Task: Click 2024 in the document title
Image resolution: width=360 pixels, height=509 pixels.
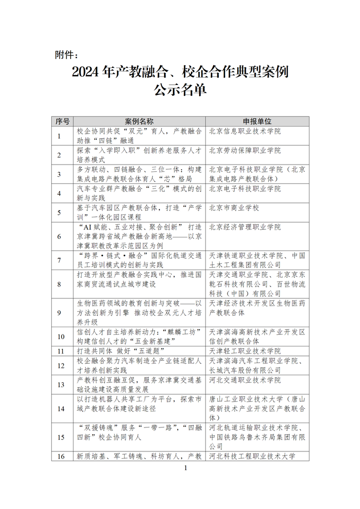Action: [85, 72]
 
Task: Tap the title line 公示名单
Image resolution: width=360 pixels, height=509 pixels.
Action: [180, 90]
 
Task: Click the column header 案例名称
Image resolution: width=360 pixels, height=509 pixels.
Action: [139, 121]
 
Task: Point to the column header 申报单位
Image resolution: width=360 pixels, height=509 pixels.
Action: [257, 121]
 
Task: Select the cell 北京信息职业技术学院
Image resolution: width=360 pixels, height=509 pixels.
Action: [245, 131]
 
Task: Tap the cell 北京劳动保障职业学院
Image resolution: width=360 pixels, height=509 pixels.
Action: [245, 151]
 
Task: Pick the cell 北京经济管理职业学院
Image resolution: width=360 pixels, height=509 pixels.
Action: [245, 227]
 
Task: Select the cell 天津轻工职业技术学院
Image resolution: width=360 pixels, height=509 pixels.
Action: [245, 351]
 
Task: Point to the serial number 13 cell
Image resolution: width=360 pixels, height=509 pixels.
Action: [61, 385]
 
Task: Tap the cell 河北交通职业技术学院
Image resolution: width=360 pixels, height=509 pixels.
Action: [245, 380]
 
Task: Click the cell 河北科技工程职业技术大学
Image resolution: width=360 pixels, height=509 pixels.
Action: [252, 456]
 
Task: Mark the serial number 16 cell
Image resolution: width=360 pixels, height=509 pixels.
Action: [61, 456]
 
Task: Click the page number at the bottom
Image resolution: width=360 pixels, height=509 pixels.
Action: [185, 468]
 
